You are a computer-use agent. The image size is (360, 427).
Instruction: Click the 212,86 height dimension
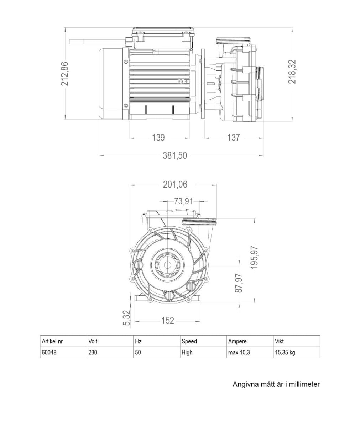pos(65,74)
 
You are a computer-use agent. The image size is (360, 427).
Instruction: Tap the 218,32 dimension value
pos(292,72)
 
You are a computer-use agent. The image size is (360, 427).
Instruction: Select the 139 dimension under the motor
pos(158,137)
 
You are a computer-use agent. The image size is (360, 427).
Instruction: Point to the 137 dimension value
pos(233,137)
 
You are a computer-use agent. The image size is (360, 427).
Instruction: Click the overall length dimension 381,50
pos(175,155)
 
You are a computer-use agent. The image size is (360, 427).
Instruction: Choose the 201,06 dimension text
pos(175,185)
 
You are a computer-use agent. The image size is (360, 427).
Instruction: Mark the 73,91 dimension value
pos(183,201)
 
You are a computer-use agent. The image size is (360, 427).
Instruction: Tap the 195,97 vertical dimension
pos(255,258)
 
